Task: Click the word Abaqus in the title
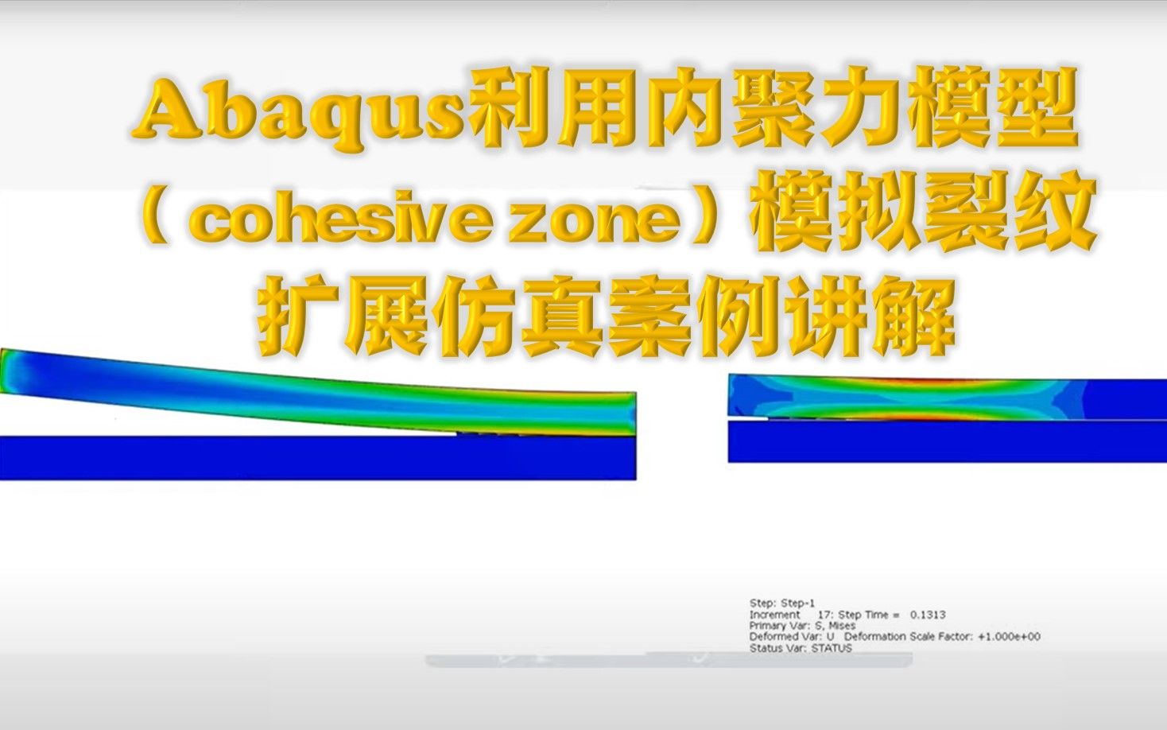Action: click(x=299, y=112)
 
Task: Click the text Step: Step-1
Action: click(x=782, y=603)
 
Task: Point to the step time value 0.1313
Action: click(x=928, y=615)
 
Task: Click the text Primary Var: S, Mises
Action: click(x=802, y=626)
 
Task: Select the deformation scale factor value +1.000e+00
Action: click(x=1009, y=637)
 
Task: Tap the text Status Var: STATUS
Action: click(x=800, y=648)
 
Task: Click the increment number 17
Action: click(x=824, y=615)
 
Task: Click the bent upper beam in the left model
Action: click(x=318, y=390)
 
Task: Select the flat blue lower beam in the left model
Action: click(x=318, y=457)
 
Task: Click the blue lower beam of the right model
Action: click(x=946, y=441)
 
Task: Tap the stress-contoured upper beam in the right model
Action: click(x=906, y=396)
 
